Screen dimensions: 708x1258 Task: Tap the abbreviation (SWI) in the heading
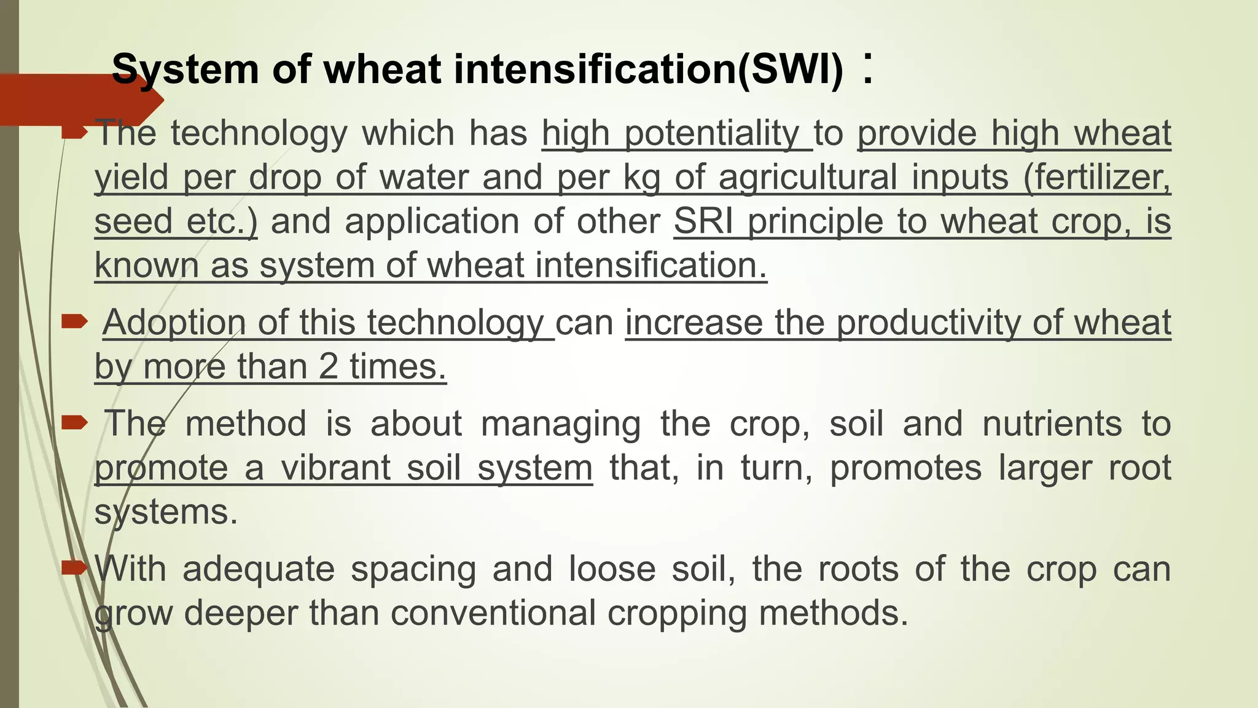791,69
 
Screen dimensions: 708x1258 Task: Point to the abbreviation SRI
703,221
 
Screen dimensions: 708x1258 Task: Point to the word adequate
259,568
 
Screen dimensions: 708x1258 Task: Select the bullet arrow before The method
75,422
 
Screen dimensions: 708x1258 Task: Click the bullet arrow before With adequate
75,567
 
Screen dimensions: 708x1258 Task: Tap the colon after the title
867,69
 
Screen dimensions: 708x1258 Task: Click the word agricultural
808,178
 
